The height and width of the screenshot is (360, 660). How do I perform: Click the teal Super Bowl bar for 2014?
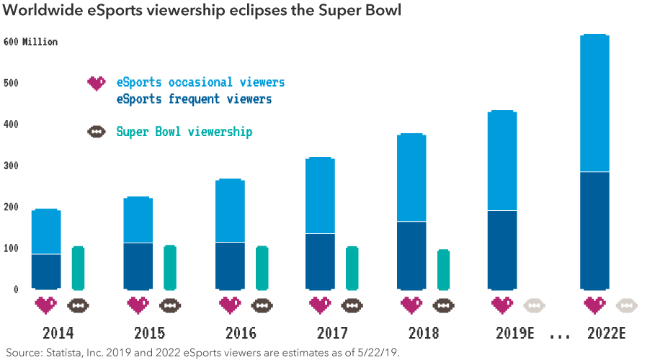(78, 269)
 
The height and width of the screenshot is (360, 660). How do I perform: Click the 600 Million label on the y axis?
(30, 42)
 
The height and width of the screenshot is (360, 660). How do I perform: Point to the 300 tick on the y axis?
(10, 166)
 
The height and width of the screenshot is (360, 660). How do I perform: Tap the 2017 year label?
(332, 333)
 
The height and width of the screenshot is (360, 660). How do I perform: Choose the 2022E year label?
(605, 333)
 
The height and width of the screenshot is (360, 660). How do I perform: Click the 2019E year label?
(512, 333)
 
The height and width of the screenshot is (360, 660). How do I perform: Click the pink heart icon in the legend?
(96, 83)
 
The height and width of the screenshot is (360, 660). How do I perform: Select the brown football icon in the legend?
(96, 132)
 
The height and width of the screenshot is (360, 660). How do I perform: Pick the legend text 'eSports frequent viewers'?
(194, 99)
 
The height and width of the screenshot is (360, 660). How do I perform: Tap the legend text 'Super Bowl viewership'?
(184, 132)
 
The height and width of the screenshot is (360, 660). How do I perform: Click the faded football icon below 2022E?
(626, 305)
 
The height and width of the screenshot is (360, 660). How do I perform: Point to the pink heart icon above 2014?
(45, 305)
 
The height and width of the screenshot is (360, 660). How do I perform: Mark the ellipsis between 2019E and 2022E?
(559, 336)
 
